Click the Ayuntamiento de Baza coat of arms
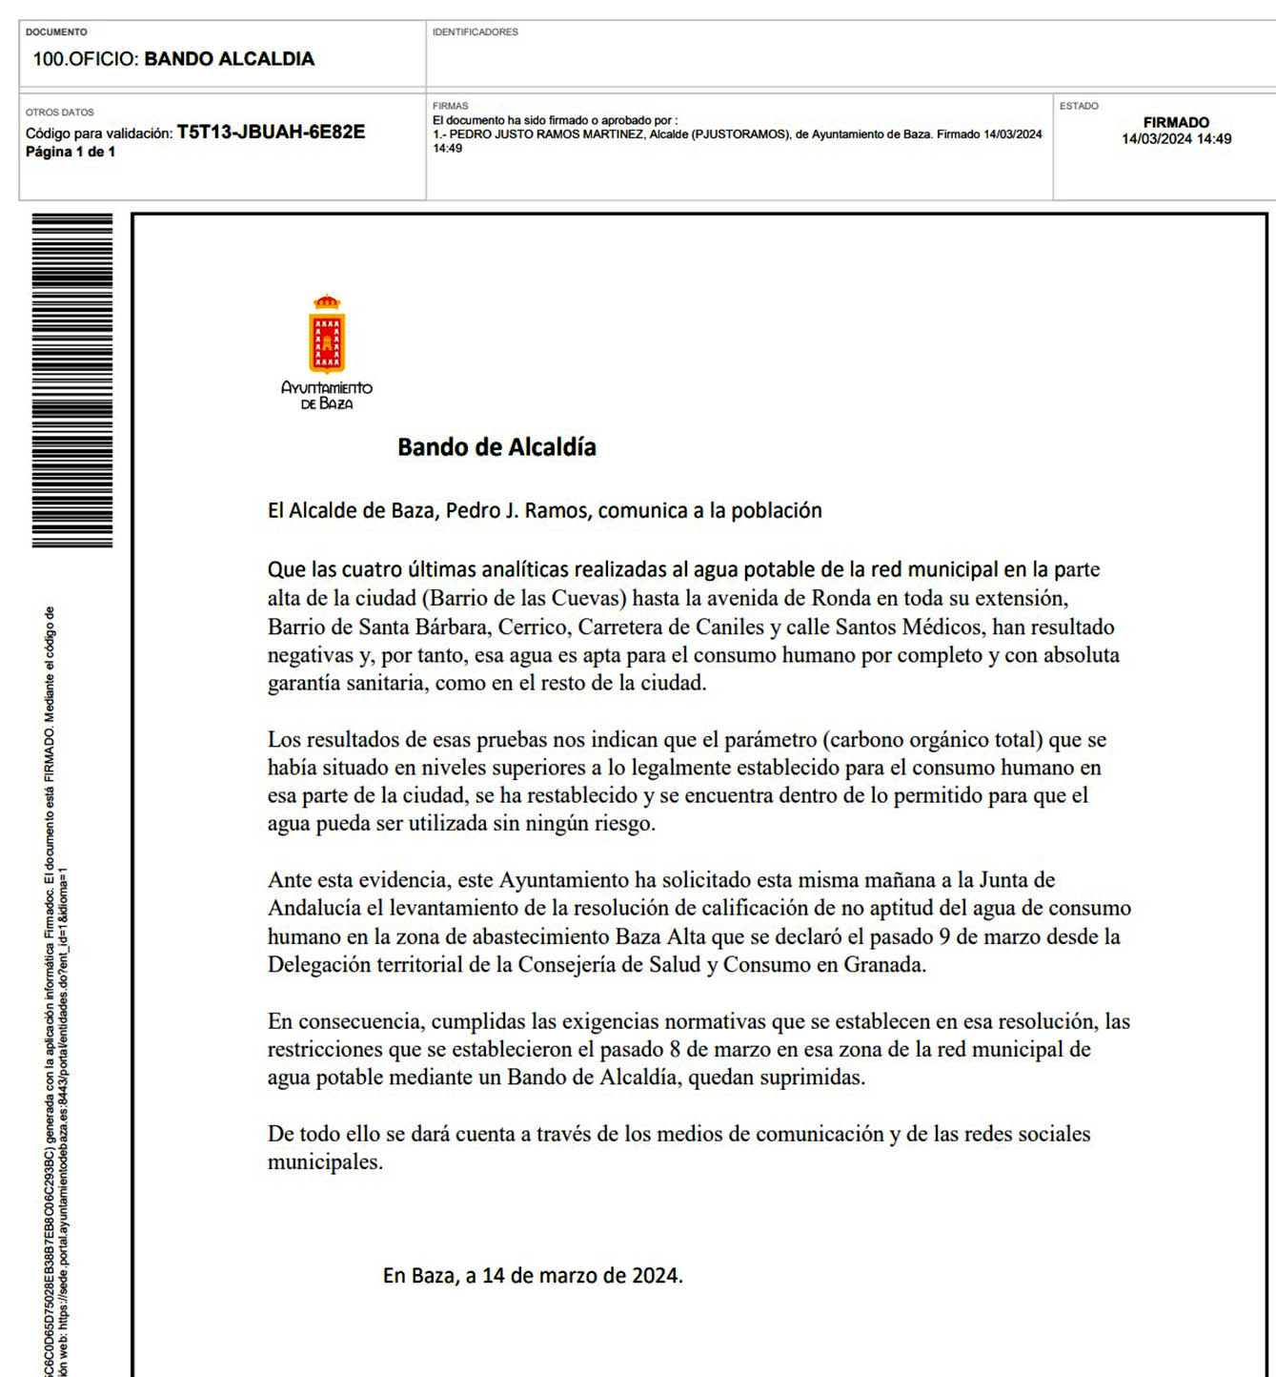(327, 336)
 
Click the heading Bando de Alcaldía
(496, 447)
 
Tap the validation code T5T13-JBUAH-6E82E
(271, 133)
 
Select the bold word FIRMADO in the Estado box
(1176, 123)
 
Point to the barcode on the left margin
(72, 380)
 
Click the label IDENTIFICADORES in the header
(476, 32)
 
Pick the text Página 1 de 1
(71, 153)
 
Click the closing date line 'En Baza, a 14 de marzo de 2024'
(533, 1276)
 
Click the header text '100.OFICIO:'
(86, 59)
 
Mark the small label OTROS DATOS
(60, 113)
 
